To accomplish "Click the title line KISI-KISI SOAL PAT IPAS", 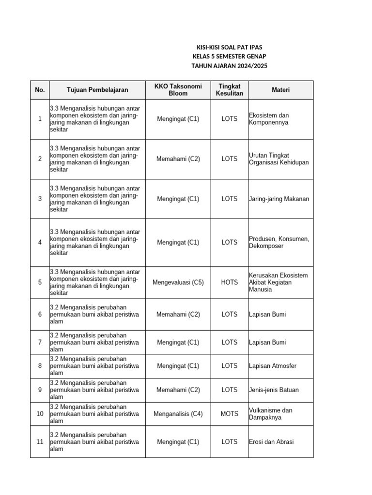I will [x=229, y=47].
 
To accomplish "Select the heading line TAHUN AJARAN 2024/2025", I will [x=229, y=66].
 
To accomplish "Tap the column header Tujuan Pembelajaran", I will [x=97, y=90].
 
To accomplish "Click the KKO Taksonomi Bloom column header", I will [x=178, y=90].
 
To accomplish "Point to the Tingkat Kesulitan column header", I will [x=230, y=90].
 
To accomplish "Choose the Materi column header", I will [x=280, y=90].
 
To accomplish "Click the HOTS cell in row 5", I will [x=230, y=282].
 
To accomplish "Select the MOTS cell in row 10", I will [x=230, y=414].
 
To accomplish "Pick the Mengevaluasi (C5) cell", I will [x=178, y=282].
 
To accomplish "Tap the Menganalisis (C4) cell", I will [x=178, y=414].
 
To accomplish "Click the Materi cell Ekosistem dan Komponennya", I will [x=269, y=119].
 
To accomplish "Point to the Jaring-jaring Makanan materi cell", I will [x=279, y=199].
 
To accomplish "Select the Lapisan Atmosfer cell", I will [x=273, y=366].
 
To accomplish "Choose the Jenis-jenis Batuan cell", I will [x=274, y=390].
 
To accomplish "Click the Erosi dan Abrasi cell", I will [x=271, y=442].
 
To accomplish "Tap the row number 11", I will [x=40, y=442].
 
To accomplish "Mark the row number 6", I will [x=40, y=314].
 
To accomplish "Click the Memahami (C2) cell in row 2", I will [x=178, y=159].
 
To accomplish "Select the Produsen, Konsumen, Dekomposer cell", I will [x=279, y=242].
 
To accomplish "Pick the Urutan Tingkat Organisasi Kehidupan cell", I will [x=279, y=159].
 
